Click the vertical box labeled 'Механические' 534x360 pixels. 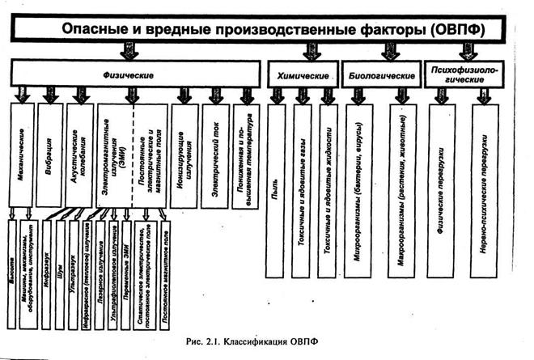point(23,154)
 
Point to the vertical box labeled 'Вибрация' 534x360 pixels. point(50,154)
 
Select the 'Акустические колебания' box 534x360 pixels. point(80,154)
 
